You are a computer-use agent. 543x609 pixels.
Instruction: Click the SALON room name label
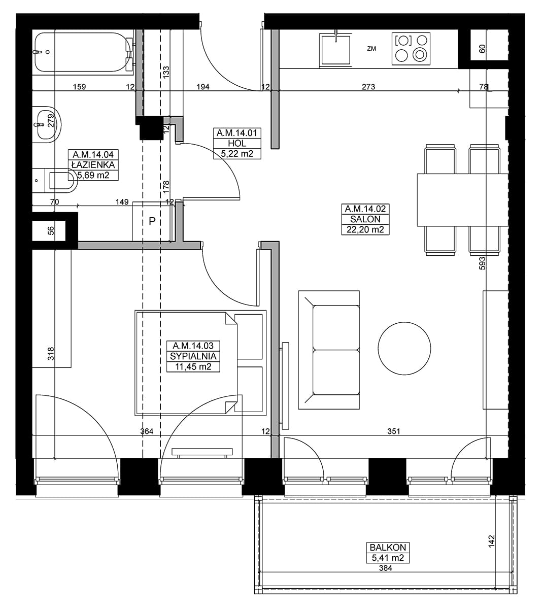click(x=365, y=219)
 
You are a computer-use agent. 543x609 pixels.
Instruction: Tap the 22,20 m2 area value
click(x=365, y=229)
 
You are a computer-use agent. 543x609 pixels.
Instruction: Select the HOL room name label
click(x=237, y=143)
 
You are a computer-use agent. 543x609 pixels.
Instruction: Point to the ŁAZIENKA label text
click(x=93, y=164)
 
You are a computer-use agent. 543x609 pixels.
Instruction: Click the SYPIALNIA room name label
click(x=193, y=356)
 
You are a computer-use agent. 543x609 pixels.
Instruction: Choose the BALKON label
click(x=388, y=547)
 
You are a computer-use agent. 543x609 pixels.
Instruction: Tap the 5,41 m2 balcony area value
click(x=388, y=558)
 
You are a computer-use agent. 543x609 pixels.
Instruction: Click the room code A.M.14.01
click(x=237, y=133)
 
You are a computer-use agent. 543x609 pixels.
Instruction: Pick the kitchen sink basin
click(x=335, y=50)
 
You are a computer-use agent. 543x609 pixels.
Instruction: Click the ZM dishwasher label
click(x=371, y=48)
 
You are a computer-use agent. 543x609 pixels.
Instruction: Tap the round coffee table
click(x=404, y=348)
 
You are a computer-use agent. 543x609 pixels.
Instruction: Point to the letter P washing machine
click(x=152, y=221)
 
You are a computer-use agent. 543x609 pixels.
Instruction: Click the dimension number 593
click(x=482, y=263)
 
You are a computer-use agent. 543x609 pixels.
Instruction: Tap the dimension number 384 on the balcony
click(x=386, y=568)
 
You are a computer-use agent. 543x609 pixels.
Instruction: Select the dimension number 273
click(x=368, y=87)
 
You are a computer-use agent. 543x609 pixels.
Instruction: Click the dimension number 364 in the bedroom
click(x=147, y=431)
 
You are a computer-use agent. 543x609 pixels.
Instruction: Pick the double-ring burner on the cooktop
click(x=420, y=54)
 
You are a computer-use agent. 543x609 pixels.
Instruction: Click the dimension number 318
click(x=51, y=354)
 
